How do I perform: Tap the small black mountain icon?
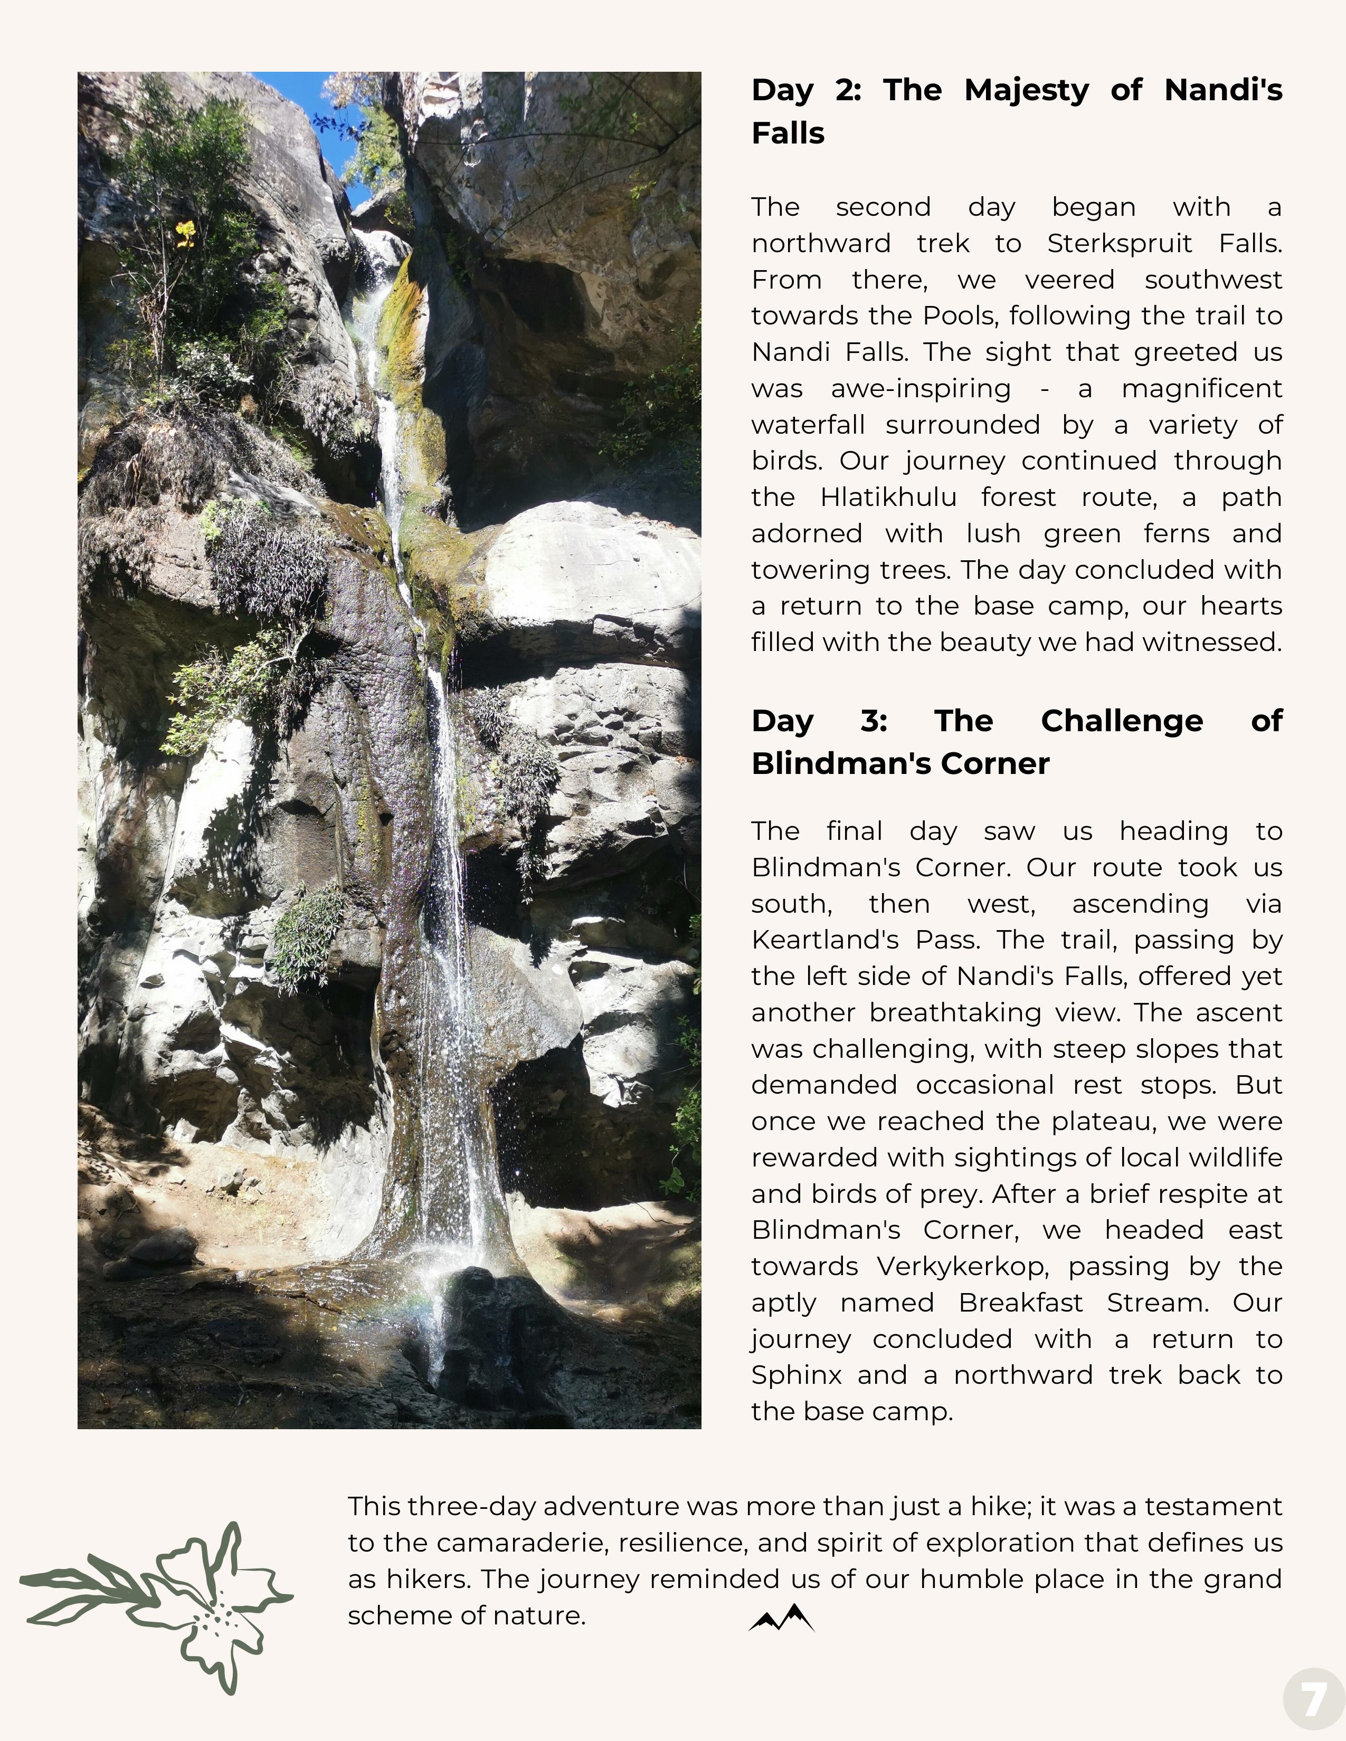click(x=781, y=1618)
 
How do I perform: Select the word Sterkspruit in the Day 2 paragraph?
click(x=1120, y=243)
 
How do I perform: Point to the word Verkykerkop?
click(x=961, y=1266)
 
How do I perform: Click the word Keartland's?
click(x=824, y=940)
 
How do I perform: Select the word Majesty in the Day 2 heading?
click(x=1026, y=90)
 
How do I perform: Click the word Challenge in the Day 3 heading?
click(x=1122, y=721)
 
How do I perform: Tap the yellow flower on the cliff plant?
click(x=185, y=234)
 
